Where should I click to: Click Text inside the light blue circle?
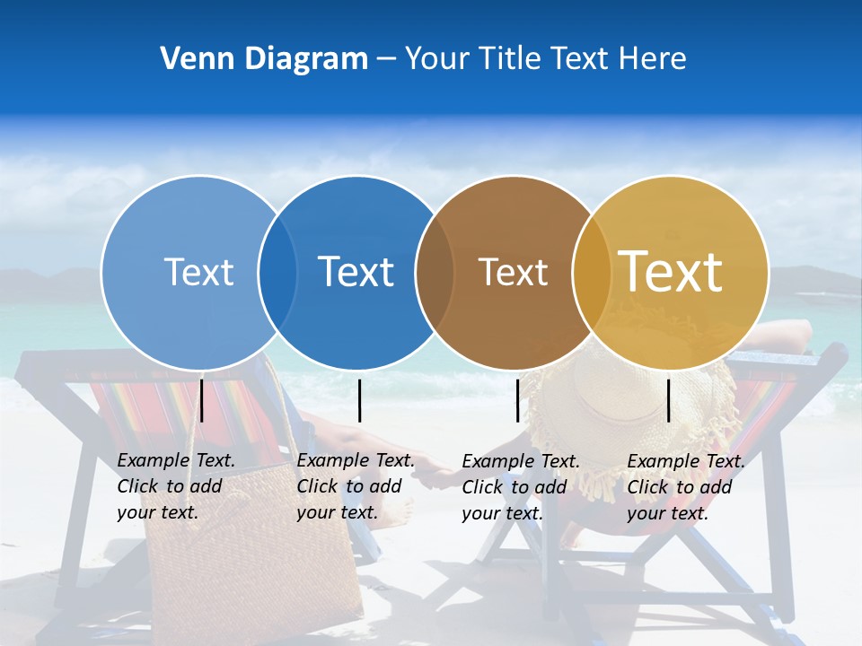[198, 272]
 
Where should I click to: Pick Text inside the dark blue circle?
[356, 272]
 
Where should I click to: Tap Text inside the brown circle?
[514, 272]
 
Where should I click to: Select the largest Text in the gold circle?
[671, 272]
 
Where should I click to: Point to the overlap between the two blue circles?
[277, 273]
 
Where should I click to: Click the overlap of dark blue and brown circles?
[435, 273]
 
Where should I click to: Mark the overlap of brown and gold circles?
[592, 273]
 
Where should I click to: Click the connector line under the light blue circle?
[202, 400]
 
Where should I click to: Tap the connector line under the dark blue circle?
[359, 400]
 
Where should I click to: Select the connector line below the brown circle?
[517, 400]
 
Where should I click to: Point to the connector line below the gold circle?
[668, 400]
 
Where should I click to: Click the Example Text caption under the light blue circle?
[175, 486]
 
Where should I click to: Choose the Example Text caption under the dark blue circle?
[355, 486]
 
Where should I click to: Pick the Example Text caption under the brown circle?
[520, 487]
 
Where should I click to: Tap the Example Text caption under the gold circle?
[685, 487]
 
